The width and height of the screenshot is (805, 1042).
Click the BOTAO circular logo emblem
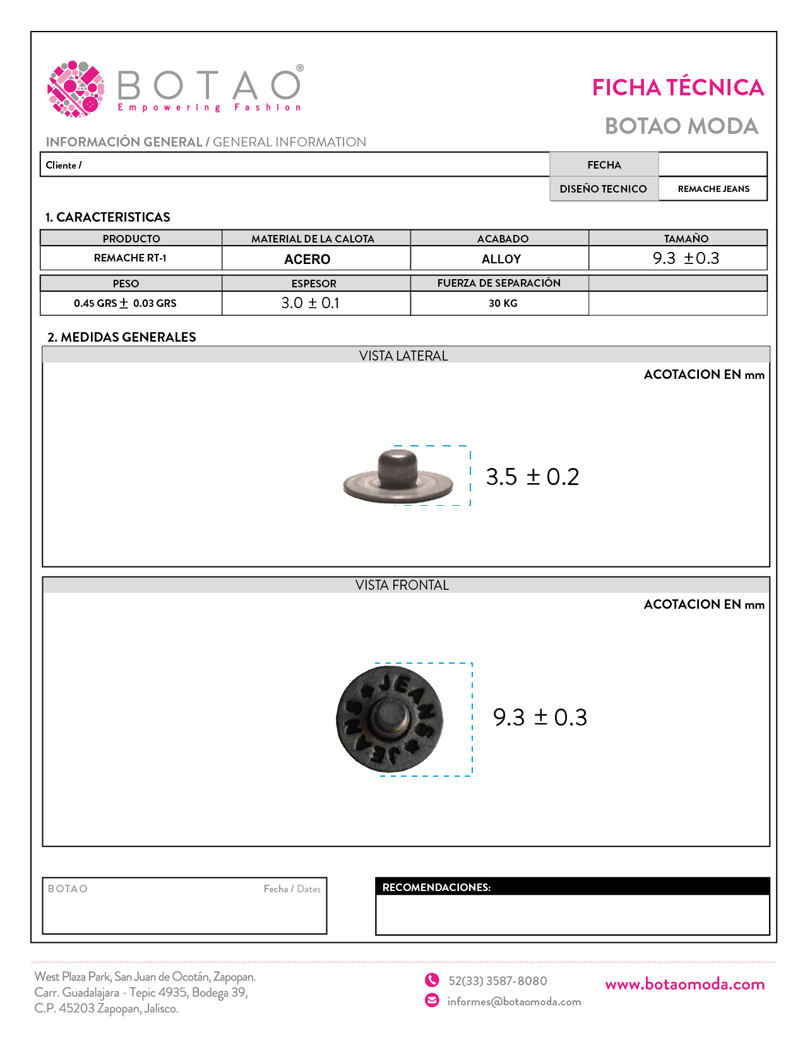click(76, 89)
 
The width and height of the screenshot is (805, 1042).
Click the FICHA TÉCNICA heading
click(677, 88)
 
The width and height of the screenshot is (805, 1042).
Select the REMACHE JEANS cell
click(713, 189)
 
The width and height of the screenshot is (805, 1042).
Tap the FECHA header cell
click(604, 165)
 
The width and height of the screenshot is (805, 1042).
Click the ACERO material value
click(307, 259)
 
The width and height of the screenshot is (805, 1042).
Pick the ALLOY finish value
click(501, 259)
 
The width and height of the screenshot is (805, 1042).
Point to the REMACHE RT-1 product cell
click(130, 258)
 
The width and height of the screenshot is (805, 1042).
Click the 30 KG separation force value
click(503, 303)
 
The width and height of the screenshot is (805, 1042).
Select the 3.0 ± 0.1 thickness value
click(310, 303)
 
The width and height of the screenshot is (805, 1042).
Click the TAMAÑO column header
click(686, 239)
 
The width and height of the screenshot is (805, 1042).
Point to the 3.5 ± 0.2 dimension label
click(532, 477)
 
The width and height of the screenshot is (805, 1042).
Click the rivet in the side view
click(398, 477)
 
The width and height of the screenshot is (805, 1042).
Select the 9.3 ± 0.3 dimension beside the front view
click(540, 717)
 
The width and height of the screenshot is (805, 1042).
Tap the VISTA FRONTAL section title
click(402, 585)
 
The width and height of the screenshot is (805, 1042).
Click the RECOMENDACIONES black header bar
click(572, 887)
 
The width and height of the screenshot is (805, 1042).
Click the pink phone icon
click(432, 979)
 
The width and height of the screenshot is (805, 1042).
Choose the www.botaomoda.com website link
click(684, 984)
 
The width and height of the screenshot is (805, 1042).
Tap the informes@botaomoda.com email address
click(514, 1002)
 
